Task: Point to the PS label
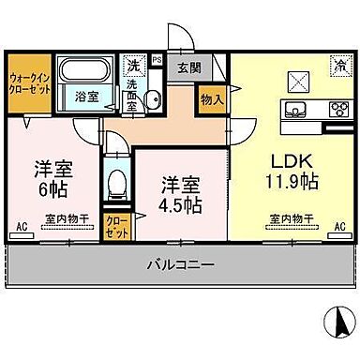coord(157,60)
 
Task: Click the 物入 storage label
coord(211,98)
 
